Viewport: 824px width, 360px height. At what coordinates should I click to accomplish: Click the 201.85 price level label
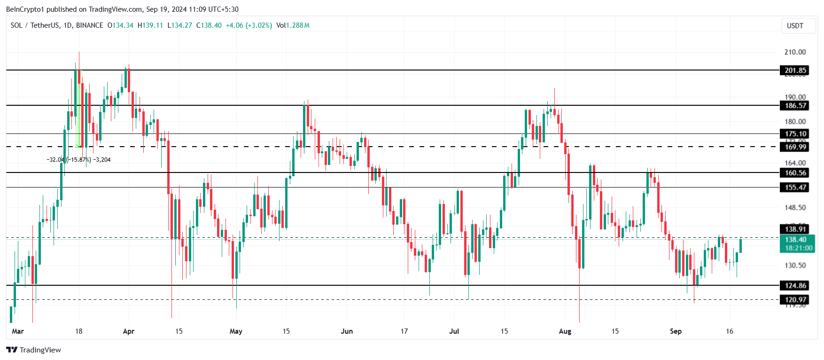[795, 70]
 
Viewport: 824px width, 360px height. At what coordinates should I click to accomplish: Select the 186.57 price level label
[795, 106]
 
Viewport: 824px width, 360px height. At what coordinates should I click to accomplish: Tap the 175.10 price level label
[795, 134]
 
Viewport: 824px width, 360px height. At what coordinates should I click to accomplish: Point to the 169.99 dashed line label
[795, 147]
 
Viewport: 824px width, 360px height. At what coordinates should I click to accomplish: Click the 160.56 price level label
[795, 173]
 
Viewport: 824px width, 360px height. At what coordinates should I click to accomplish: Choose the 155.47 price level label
[795, 188]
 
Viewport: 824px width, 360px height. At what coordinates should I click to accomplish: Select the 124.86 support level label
[795, 285]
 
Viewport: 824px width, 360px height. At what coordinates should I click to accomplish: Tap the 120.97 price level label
[795, 299]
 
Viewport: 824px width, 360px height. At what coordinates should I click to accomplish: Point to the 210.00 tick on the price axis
[795, 52]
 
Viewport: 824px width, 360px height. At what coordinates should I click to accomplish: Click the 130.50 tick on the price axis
[795, 266]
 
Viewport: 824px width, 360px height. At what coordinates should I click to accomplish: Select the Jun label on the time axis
[347, 331]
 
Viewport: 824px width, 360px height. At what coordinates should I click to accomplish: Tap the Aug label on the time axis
[565, 331]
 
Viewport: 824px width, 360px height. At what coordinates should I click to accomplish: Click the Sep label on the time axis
[676, 331]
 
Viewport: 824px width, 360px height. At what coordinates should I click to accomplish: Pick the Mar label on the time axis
[18, 331]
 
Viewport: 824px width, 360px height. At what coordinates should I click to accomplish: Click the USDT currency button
[795, 26]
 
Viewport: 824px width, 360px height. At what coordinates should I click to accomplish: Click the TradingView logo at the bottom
[33, 350]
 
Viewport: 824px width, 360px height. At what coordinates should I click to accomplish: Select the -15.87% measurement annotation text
[79, 160]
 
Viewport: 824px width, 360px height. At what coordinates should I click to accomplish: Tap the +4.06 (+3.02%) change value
[249, 25]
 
